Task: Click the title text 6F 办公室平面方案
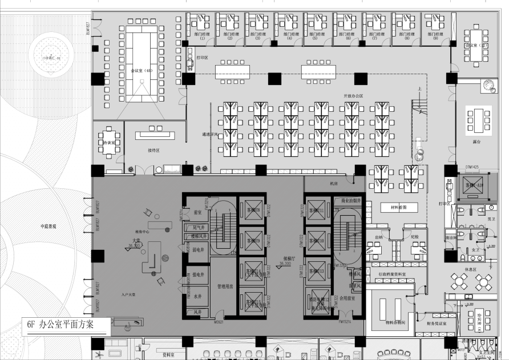[66, 325]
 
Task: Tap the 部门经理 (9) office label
[435, 36]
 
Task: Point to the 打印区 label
[203, 58]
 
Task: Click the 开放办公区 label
[353, 96]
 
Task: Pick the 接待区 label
[153, 151]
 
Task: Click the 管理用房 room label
[225, 286]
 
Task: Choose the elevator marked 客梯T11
[317, 211]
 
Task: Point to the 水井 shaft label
[198, 297]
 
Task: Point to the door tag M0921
[219, 322]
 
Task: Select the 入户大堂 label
[128, 294]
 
